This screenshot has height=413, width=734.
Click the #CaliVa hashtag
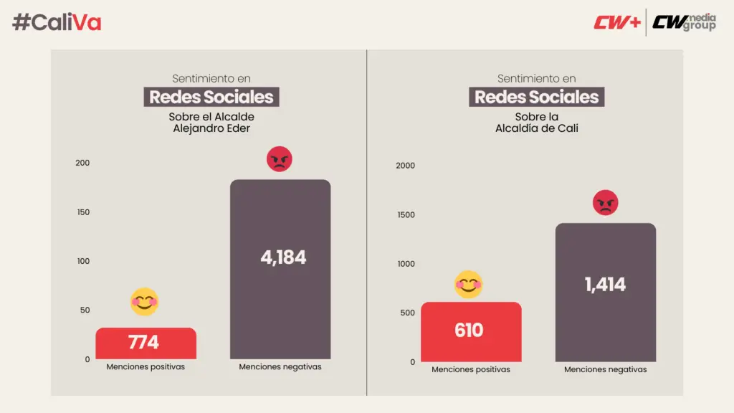click(x=57, y=22)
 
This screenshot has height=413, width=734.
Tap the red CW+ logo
click(x=616, y=22)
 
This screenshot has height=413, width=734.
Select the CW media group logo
click(x=684, y=22)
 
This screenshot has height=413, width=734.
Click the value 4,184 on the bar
click(x=283, y=257)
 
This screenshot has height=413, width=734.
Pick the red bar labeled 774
click(x=146, y=343)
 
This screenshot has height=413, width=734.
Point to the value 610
click(x=469, y=331)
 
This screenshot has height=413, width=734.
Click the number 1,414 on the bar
click(x=605, y=285)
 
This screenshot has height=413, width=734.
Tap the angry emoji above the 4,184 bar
click(x=280, y=158)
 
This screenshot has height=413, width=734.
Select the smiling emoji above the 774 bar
click(x=144, y=302)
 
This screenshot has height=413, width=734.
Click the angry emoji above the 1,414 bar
click(x=605, y=203)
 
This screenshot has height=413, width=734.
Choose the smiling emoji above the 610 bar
click(x=469, y=285)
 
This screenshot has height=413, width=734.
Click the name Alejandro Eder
click(x=211, y=129)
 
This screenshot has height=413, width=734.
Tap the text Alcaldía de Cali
click(x=536, y=129)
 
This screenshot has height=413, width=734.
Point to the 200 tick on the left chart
click(x=82, y=163)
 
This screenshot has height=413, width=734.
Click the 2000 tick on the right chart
click(x=405, y=166)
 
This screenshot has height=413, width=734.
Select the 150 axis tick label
click(x=82, y=212)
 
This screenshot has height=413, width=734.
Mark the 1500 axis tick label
click(x=405, y=215)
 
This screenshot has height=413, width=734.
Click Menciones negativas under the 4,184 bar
click(x=280, y=367)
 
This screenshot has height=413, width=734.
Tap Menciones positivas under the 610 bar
click(x=471, y=370)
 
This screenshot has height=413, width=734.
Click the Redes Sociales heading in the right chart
click(x=536, y=97)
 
